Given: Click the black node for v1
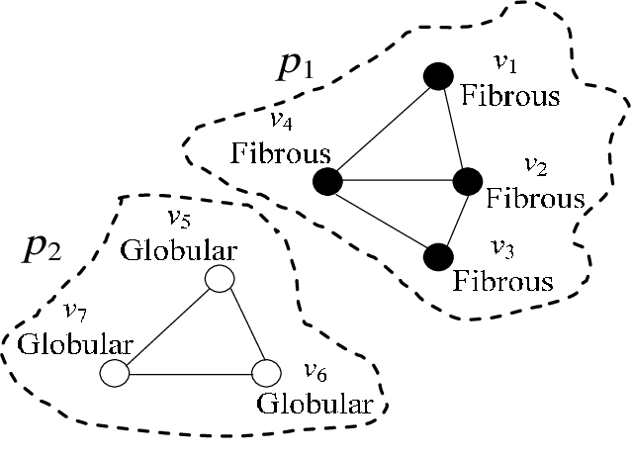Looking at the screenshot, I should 439,76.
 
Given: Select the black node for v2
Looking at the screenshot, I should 467,181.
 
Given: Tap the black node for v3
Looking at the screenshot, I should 438,256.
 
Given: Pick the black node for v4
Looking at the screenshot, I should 327,181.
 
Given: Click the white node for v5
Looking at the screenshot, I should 218,280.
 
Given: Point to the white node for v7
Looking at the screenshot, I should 116,374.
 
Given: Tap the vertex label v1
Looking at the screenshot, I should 505,64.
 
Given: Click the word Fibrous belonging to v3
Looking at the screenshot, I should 503,281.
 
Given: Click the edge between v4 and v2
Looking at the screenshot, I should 396,181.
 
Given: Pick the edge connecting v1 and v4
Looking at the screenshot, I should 384,129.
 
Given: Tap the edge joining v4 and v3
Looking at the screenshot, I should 383,219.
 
